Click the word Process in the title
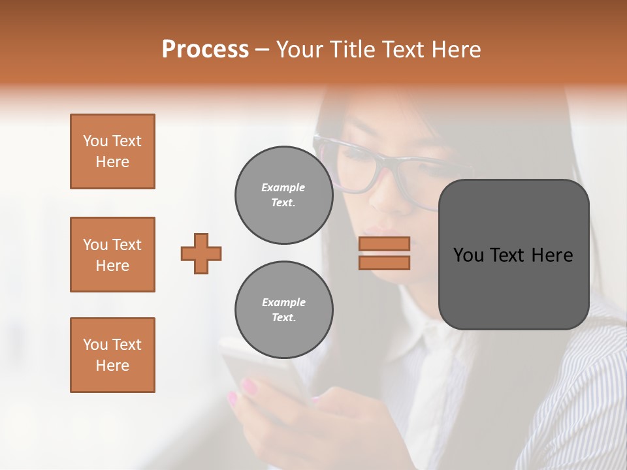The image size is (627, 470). tap(205, 50)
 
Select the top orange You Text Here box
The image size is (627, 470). tap(112, 151)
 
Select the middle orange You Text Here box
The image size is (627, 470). tap(112, 255)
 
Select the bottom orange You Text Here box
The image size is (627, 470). tap(112, 355)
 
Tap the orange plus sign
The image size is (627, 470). tap(201, 253)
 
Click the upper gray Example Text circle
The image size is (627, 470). tap(283, 195)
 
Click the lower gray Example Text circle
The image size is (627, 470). tap(283, 310)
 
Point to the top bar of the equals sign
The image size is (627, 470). tap(384, 243)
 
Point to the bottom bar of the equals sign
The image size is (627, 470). tap(384, 262)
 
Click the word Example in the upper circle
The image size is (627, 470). tap(283, 188)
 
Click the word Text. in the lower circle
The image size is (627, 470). tap(283, 318)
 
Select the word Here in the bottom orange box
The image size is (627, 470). tap(112, 366)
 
